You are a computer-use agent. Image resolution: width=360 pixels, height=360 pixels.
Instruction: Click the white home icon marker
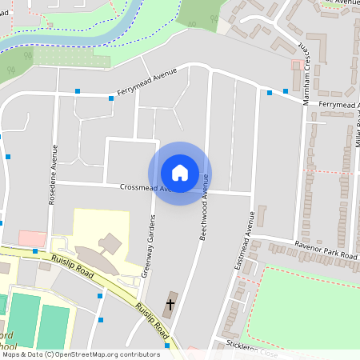tap(180, 173)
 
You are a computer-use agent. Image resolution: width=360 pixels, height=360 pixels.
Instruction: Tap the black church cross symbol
tap(170, 305)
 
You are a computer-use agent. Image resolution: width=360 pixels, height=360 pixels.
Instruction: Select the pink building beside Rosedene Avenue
tap(32, 238)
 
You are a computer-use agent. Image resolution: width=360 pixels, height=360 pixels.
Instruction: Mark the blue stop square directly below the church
tap(167, 346)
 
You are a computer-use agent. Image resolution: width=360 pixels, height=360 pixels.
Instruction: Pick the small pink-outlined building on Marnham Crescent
tap(297, 64)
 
